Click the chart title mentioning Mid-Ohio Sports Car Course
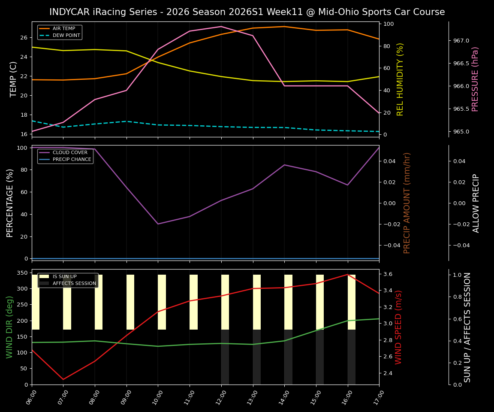tap(247, 12)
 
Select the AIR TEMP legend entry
tap(63, 29)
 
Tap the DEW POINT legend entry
tap(66, 35)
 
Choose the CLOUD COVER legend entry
tap(70, 152)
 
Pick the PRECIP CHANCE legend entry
tap(72, 159)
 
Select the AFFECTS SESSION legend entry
tap(74, 283)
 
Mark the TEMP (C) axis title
tap(14, 79)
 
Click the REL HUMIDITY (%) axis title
tap(401, 79)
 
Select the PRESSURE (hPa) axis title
tap(475, 79)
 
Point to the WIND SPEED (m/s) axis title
tap(399, 327)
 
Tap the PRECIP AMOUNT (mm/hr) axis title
tap(407, 203)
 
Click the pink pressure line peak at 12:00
tap(221, 27)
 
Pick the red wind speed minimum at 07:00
tap(63, 379)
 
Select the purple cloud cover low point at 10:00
tap(158, 224)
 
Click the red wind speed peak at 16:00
tap(347, 274)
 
